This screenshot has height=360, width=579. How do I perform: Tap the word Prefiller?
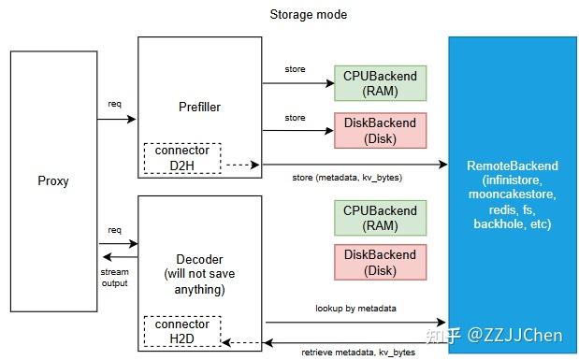(x=199, y=108)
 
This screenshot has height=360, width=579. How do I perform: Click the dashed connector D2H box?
(x=181, y=159)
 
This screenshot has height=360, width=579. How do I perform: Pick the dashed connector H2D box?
(x=181, y=329)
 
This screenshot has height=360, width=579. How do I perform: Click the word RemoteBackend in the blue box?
(x=514, y=165)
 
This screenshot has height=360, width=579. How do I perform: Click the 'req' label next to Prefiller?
(x=114, y=104)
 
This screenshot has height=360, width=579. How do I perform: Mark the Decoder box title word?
(x=199, y=259)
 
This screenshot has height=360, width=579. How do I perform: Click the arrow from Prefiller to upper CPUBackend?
(x=297, y=83)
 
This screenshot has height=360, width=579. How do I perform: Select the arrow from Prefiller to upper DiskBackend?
(x=297, y=130)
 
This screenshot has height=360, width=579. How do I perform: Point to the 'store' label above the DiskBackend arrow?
(x=296, y=117)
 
